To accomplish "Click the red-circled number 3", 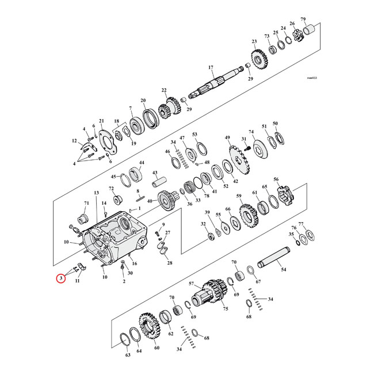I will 60,280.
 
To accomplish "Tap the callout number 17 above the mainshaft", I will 211,67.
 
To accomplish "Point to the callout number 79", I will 320,20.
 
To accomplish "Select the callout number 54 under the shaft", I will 283,269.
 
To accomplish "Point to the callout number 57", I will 192,284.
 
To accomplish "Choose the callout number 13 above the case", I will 97,193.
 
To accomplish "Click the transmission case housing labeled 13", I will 115,239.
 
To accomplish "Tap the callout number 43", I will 155,173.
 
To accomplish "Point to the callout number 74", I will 251,132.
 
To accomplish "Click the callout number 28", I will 169,263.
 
